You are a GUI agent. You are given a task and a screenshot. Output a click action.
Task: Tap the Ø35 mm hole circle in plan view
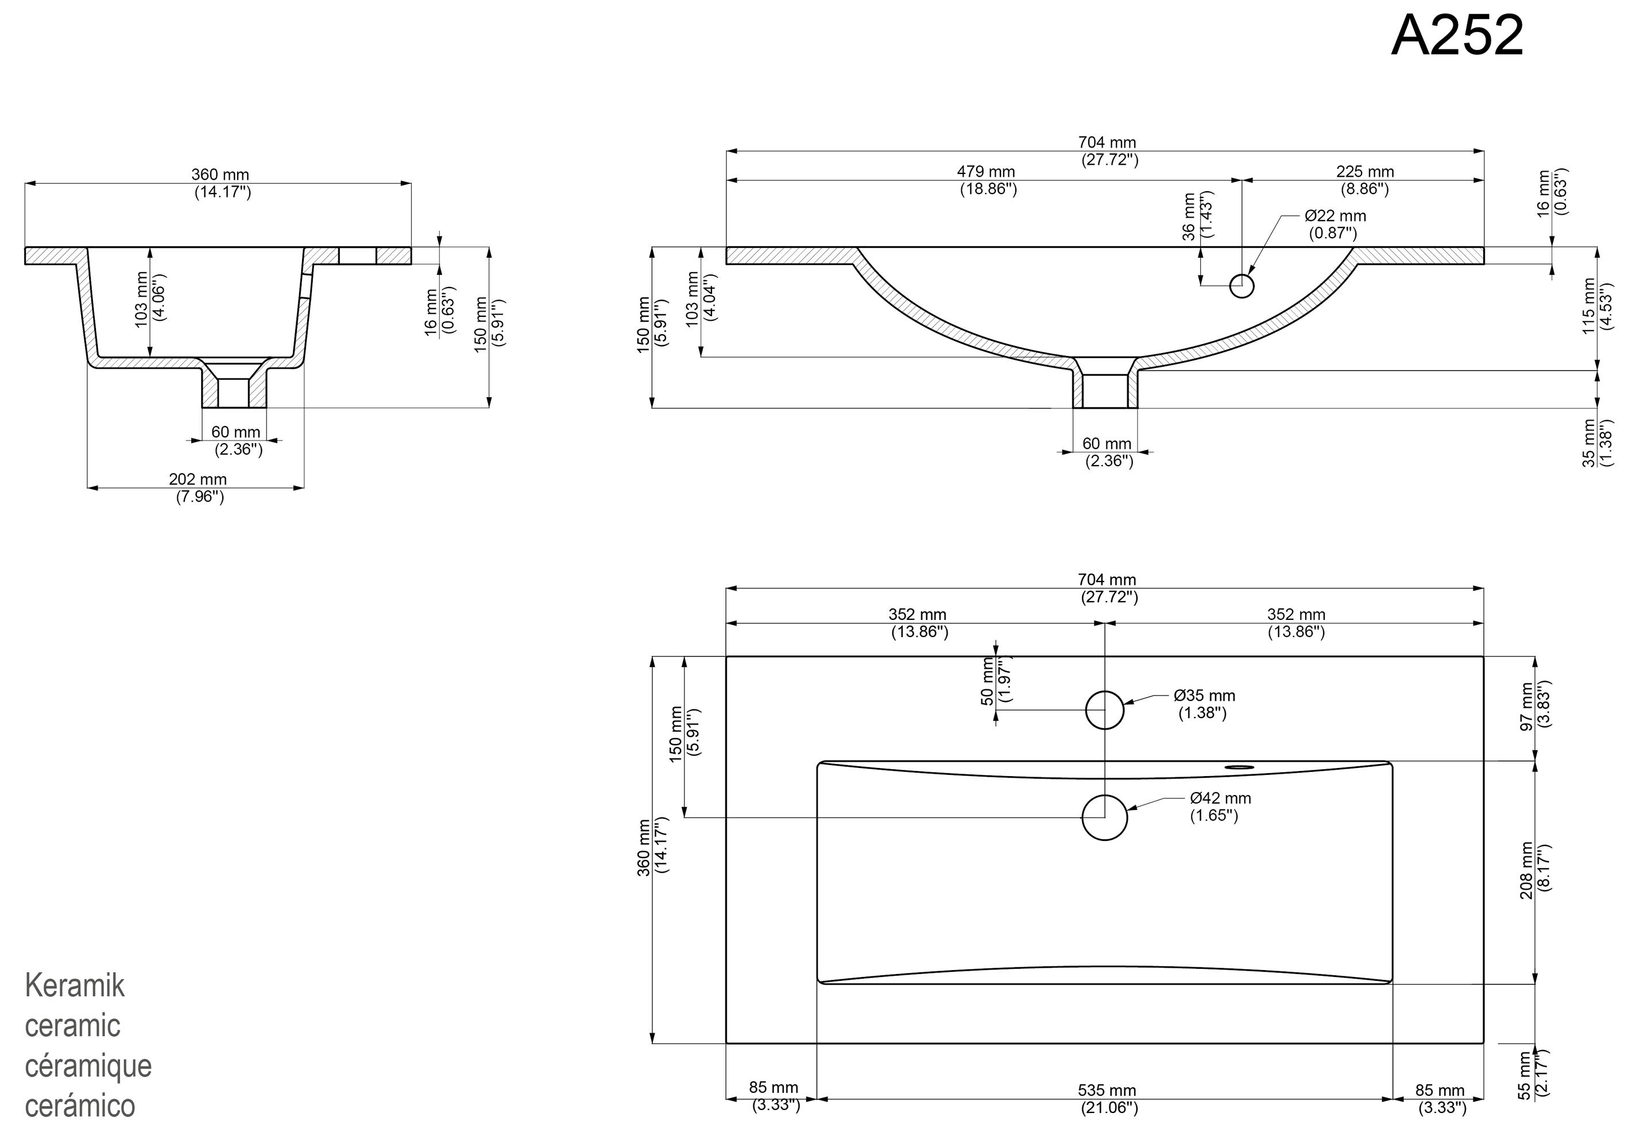(x=1104, y=709)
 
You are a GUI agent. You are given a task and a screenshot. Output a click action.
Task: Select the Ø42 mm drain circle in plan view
(x=1104, y=817)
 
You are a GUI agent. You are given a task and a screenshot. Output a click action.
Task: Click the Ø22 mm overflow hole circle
(x=1241, y=286)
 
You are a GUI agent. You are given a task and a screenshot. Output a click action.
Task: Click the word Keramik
(x=75, y=986)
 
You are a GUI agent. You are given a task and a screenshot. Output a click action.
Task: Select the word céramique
(x=88, y=1066)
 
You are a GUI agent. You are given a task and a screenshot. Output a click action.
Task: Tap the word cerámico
(x=79, y=1106)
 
